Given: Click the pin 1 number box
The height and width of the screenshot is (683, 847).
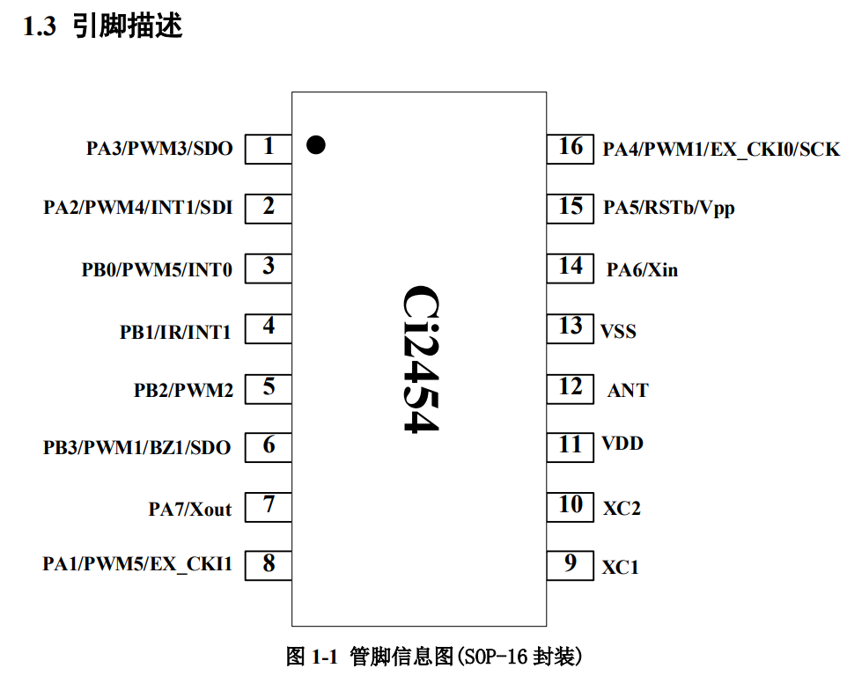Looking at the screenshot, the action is coord(269,147).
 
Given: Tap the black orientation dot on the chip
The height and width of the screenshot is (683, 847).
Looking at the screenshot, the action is coord(315,145).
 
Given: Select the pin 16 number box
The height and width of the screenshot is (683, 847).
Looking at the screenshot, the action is coord(571,147).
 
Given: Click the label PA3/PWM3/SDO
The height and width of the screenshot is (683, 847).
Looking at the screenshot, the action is coord(159,149).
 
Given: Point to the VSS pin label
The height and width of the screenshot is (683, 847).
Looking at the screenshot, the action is coord(618,332).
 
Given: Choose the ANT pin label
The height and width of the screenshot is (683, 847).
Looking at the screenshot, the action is coord(627,391).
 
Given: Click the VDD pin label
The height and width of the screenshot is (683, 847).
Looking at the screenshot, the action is coord(622,444).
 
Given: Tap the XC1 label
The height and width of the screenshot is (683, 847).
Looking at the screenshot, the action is coord(620,568).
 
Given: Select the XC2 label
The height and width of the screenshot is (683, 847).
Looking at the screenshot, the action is coord(621,508).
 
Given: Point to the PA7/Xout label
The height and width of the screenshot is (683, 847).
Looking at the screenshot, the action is coord(190,509).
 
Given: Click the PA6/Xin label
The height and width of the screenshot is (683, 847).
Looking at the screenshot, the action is coord(642,270).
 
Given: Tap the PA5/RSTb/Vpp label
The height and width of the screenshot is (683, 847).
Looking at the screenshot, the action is coord(668,209).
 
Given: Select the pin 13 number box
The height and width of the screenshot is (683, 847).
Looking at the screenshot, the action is coord(571,327).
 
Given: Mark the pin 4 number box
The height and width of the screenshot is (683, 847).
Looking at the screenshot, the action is coord(269,327).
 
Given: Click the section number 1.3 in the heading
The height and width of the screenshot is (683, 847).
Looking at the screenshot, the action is coord(39,27).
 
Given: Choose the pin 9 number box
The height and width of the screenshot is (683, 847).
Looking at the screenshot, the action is coord(571,564).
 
